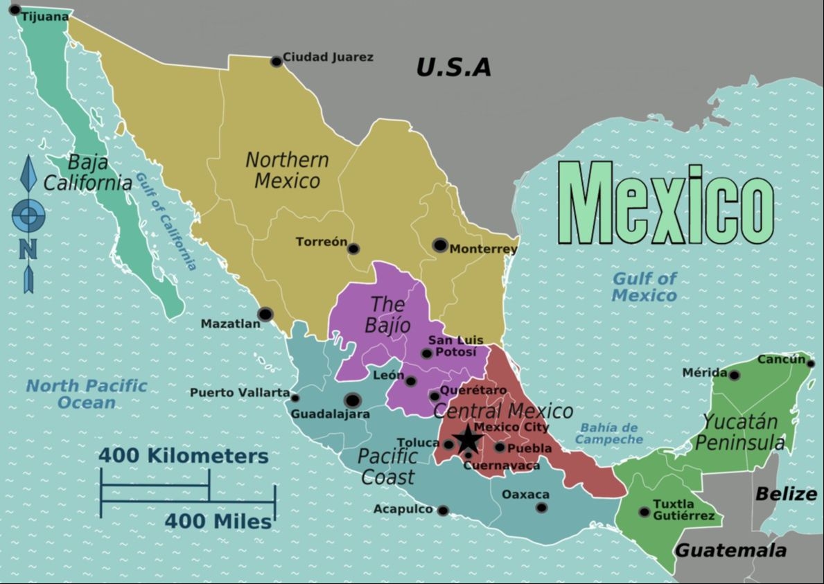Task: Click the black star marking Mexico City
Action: pyautogui.click(x=468, y=439)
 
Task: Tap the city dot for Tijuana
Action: pyautogui.click(x=15, y=10)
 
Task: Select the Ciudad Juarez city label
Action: pyautogui.click(x=328, y=57)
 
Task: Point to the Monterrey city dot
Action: pyautogui.click(x=439, y=245)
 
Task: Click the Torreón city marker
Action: pyautogui.click(x=353, y=249)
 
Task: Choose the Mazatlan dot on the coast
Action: pyautogui.click(x=265, y=315)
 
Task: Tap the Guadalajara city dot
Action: pyautogui.click(x=352, y=400)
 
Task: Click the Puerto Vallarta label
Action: pyautogui.click(x=240, y=393)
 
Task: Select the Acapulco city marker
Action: pyautogui.click(x=443, y=511)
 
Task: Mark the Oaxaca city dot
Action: pyautogui.click(x=541, y=508)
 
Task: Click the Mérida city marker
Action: pyautogui.click(x=734, y=375)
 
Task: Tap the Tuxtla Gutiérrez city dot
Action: pyautogui.click(x=645, y=512)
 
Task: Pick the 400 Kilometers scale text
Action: pyautogui.click(x=183, y=457)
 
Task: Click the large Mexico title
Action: pyautogui.click(x=666, y=204)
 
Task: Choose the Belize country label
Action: pyautogui.click(x=786, y=494)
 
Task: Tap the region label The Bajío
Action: pyautogui.click(x=390, y=314)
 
